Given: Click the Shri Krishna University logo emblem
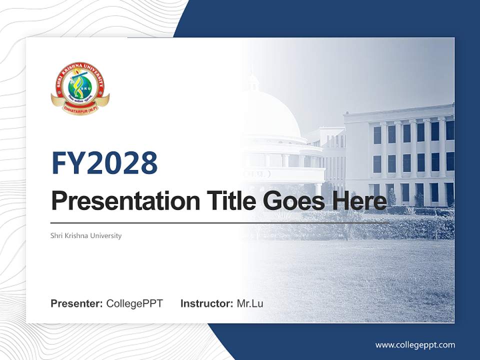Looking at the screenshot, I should click(x=80, y=89).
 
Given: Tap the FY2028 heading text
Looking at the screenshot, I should click(x=104, y=163).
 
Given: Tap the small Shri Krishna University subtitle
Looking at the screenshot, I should click(x=86, y=235).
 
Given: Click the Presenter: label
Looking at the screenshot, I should click(x=77, y=303).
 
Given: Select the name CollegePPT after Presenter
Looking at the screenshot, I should click(x=134, y=303).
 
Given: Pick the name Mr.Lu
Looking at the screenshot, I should click(x=250, y=303).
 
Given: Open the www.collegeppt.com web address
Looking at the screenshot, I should click(x=415, y=345).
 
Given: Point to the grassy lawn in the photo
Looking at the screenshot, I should click(x=360, y=280).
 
